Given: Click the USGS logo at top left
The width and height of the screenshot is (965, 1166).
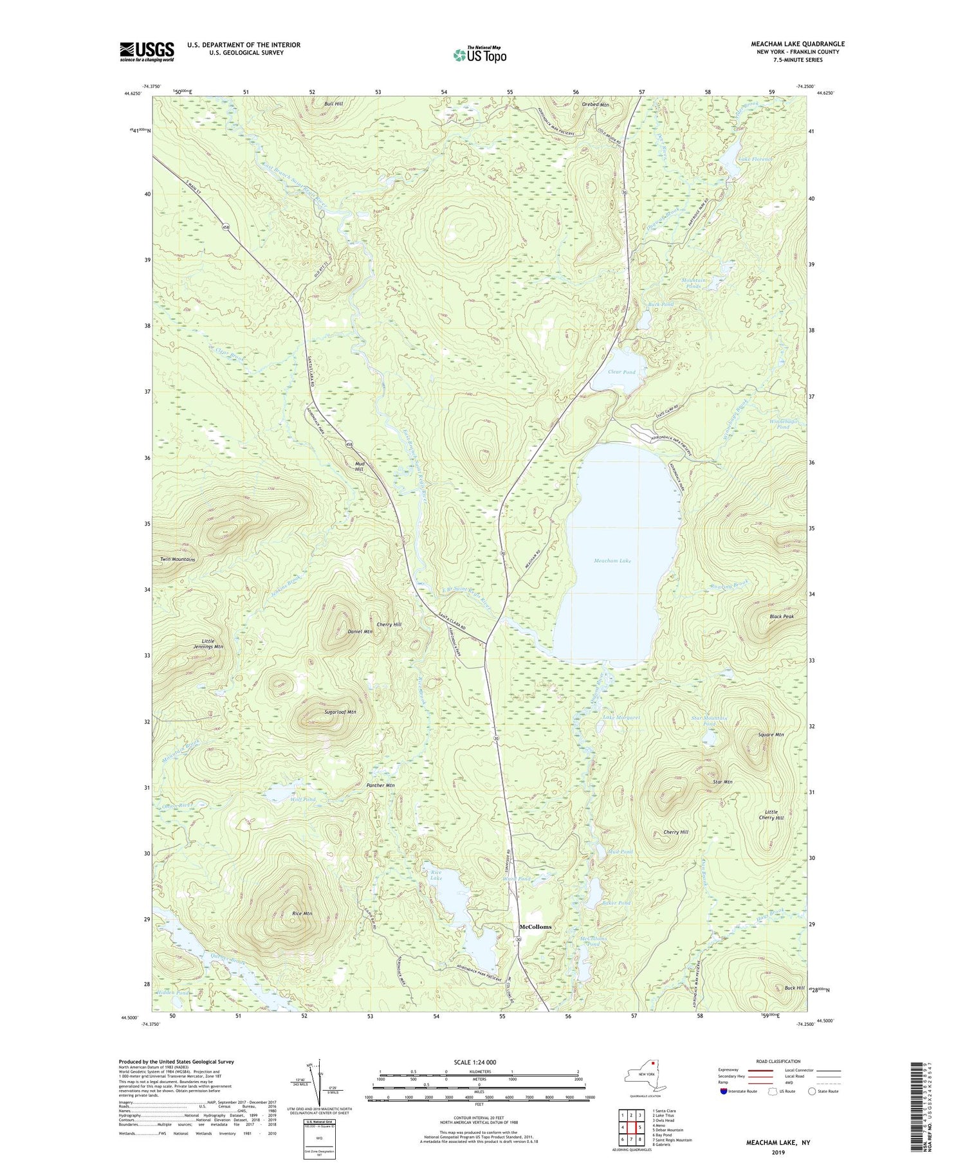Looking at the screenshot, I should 147,51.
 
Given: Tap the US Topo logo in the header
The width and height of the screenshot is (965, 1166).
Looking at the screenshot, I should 479,54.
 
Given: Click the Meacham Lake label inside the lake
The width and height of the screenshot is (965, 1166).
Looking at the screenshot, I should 612,561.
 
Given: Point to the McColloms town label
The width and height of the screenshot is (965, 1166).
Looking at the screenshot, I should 535,927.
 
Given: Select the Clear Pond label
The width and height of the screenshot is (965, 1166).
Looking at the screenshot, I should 621,372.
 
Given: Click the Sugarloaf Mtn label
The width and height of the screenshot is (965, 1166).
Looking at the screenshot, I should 339,713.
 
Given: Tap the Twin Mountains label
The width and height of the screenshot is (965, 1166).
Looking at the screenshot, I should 178,560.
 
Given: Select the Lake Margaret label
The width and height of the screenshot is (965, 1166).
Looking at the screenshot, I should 621,718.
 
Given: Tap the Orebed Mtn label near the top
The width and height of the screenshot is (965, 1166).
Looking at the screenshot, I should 594,104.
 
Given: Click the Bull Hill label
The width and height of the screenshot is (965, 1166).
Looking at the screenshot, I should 333,104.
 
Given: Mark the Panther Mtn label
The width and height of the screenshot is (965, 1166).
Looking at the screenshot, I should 380,785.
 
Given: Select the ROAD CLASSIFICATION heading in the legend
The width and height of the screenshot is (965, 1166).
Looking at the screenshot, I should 778,1061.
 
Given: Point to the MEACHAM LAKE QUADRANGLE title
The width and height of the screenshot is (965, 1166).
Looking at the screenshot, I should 798,44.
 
